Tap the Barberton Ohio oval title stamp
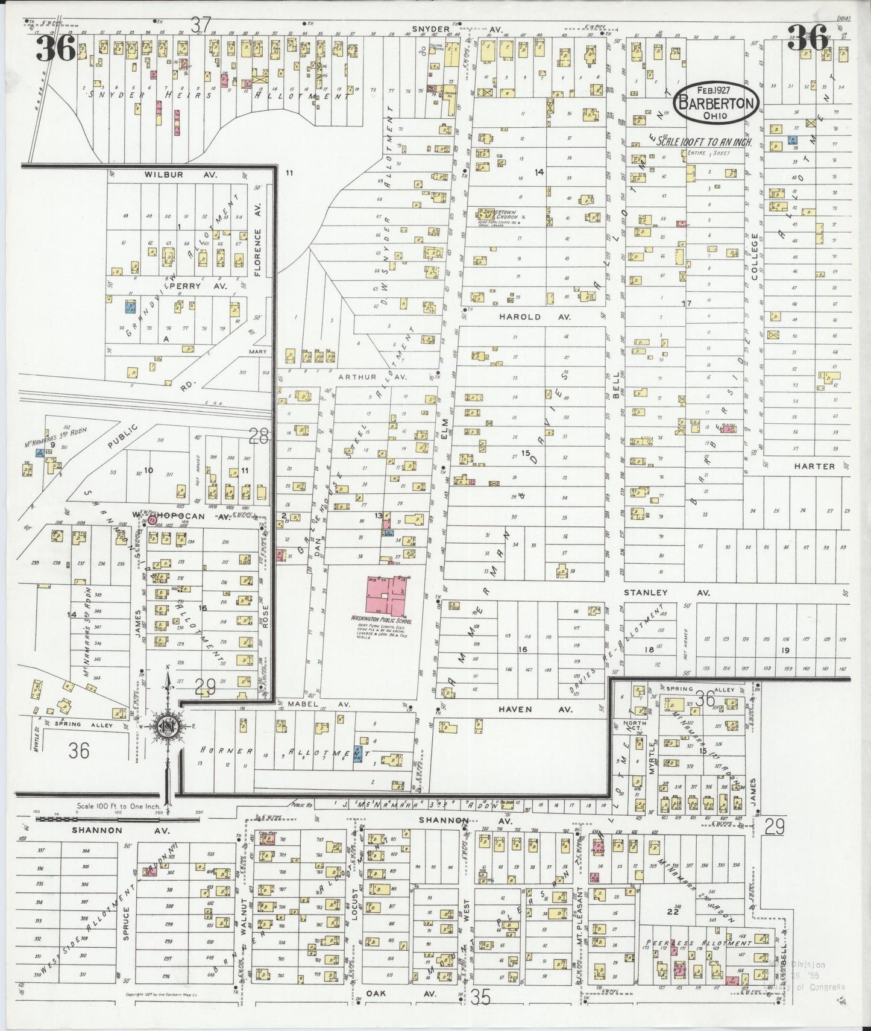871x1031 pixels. (x=717, y=102)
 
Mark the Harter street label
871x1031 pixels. (x=814, y=466)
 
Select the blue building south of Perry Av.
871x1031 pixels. (x=129, y=307)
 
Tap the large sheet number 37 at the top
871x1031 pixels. (x=201, y=26)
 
